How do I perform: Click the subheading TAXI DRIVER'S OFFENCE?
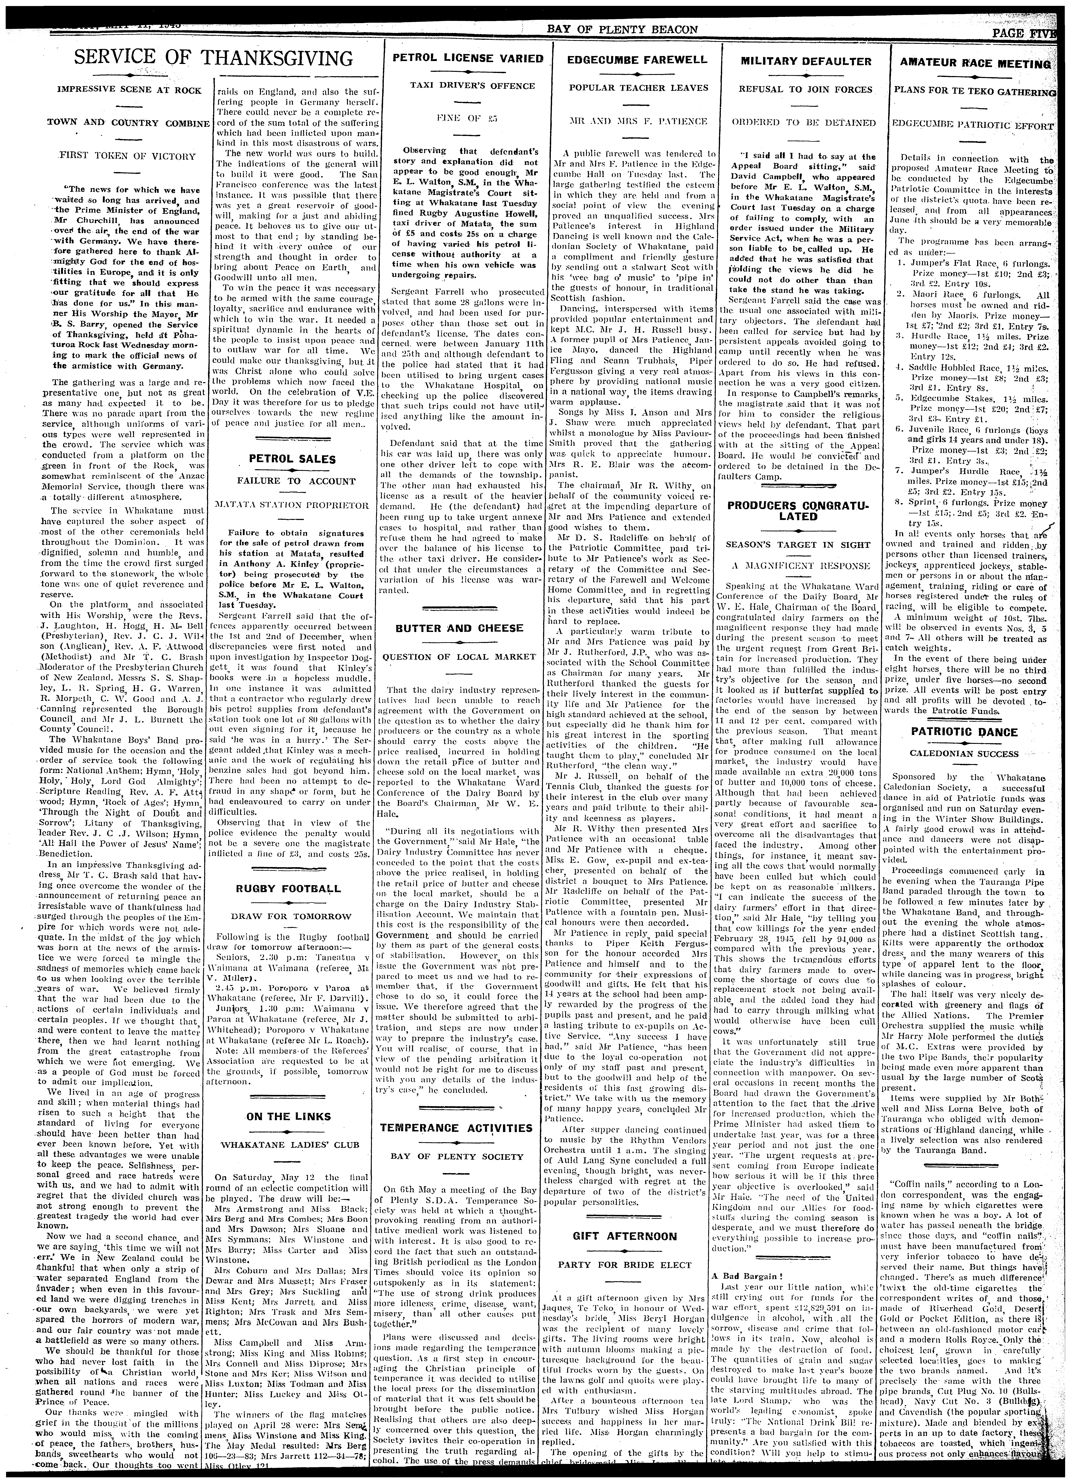(467, 86)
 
